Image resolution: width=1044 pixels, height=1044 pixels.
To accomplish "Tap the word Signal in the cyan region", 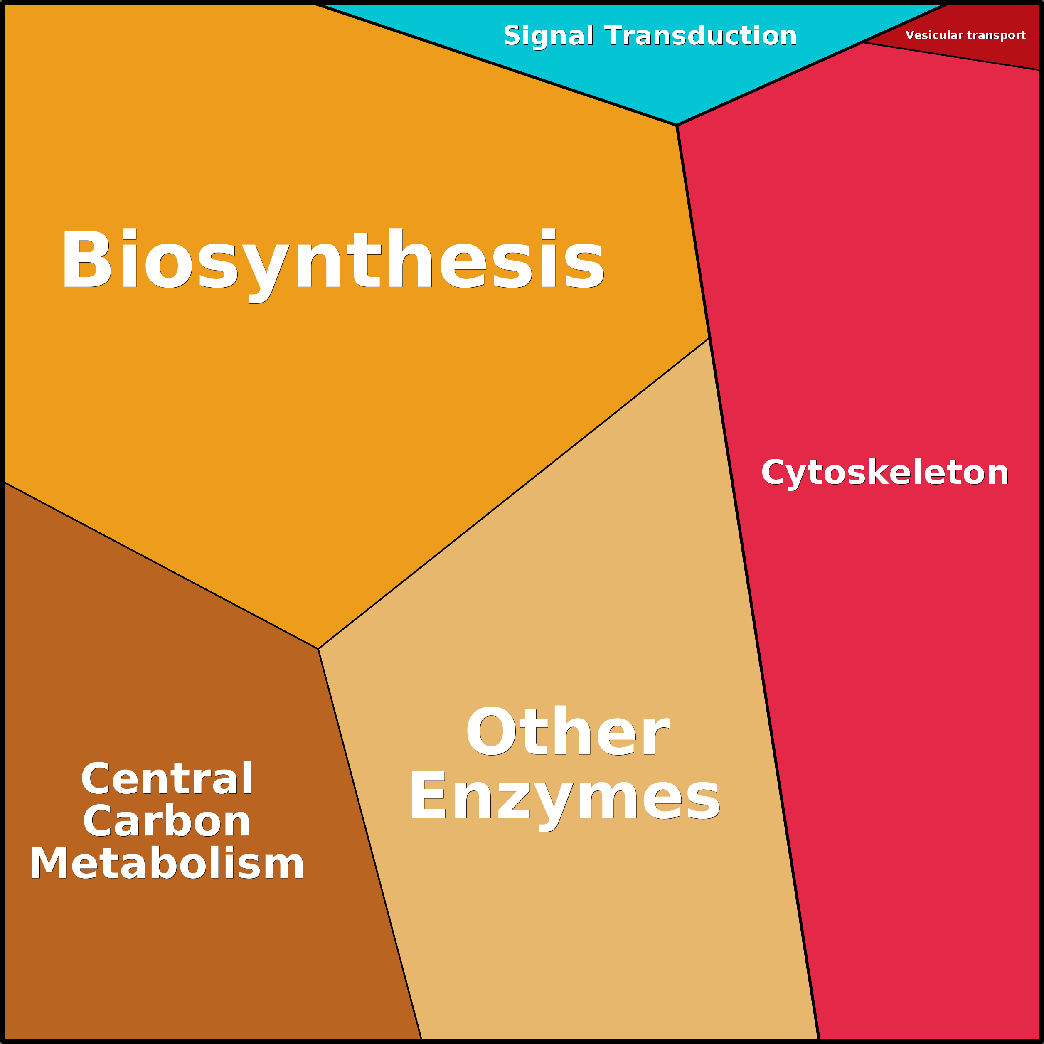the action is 548,37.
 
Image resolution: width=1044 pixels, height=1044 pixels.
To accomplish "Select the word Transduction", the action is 700,36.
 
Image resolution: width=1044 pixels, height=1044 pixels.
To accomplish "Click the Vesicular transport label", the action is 965,36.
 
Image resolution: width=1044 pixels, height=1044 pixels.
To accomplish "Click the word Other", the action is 567,732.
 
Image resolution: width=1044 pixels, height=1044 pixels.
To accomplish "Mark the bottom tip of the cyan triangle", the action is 677,126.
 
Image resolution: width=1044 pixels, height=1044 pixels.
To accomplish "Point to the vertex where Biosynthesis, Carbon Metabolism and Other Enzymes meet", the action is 318,649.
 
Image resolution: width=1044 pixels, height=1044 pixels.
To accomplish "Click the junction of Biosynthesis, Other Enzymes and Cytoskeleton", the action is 709,338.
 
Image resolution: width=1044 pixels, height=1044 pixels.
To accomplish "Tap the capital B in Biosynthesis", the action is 88,258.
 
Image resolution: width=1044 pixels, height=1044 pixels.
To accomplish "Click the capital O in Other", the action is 492,731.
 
